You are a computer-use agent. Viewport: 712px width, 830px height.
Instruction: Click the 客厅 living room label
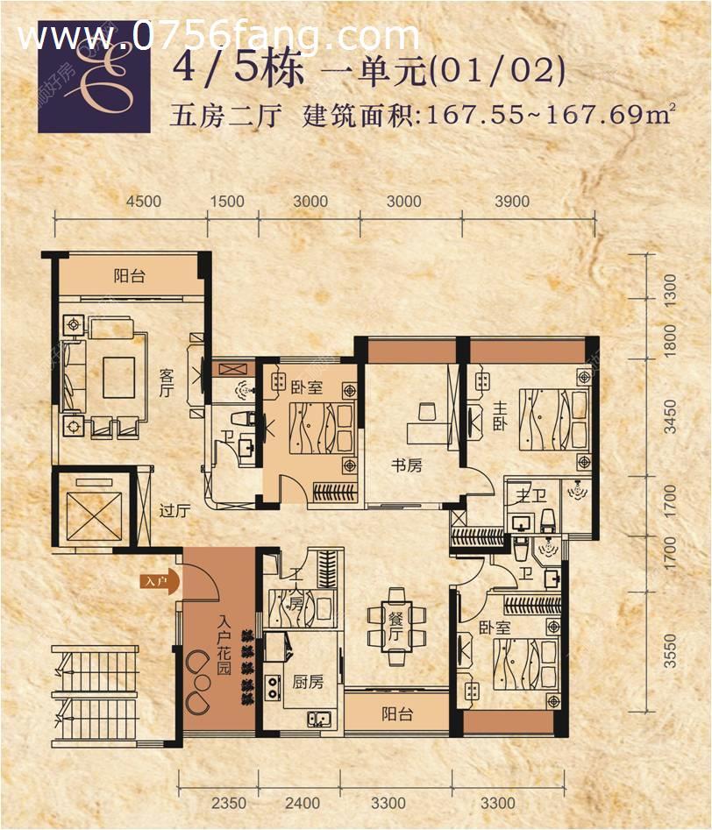166,384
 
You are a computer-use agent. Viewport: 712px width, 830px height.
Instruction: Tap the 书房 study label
406,465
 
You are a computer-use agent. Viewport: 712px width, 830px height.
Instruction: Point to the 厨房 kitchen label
309,681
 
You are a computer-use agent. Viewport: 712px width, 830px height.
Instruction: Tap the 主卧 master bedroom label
498,415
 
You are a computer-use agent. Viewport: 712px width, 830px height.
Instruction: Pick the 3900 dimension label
512,202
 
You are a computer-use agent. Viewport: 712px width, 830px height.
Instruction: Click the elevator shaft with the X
90,509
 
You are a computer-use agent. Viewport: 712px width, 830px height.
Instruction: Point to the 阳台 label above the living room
129,276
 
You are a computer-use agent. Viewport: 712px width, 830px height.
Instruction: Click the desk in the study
427,424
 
